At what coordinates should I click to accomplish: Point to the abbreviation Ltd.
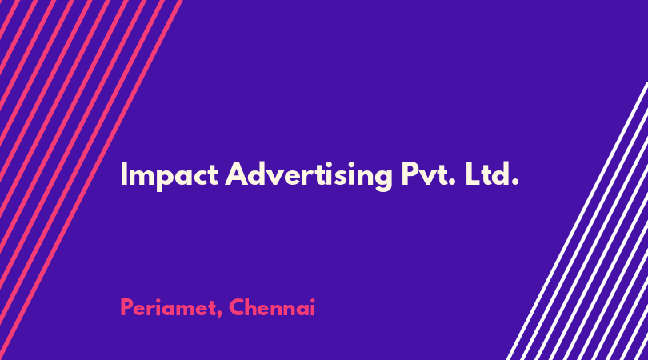(x=492, y=174)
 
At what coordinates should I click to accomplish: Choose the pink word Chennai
(x=272, y=308)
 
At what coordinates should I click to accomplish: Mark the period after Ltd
(x=515, y=182)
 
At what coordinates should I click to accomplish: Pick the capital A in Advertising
(x=238, y=174)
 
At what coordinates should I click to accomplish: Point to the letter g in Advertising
(x=382, y=179)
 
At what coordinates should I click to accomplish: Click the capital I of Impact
(x=122, y=174)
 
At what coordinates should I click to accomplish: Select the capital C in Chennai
(x=238, y=308)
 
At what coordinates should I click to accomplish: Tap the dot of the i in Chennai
(x=312, y=301)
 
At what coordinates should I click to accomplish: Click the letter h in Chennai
(x=254, y=308)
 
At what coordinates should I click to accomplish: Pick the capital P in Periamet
(x=127, y=308)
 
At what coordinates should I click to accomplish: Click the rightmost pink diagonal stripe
(x=91, y=180)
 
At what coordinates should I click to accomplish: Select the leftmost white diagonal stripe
(x=578, y=222)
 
